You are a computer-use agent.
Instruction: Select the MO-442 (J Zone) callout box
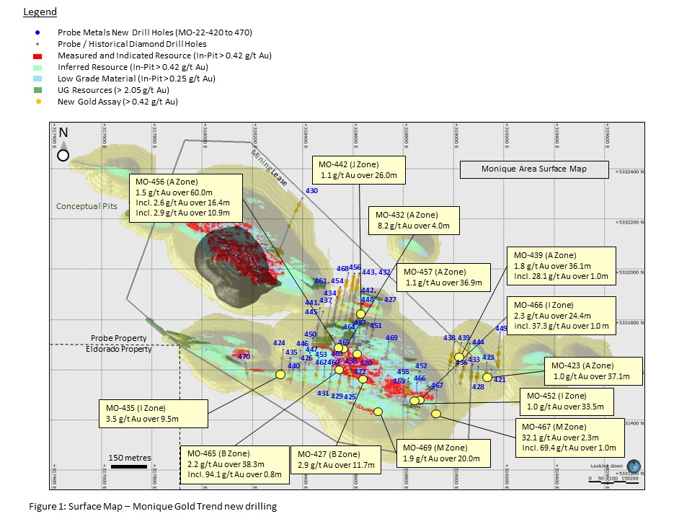coord(359,169)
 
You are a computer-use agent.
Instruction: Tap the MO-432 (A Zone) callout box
coord(413,220)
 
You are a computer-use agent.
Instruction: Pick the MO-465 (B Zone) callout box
coord(231,463)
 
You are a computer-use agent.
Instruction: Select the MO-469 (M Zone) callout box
coord(442,453)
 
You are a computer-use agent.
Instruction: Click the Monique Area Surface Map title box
coord(534,169)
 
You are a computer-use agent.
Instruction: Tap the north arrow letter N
coord(63,133)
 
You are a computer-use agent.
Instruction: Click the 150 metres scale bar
coord(130,467)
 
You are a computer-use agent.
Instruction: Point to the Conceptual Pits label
coord(86,206)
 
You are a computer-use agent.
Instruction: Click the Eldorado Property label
coord(121,349)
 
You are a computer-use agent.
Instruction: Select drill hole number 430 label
coord(312,191)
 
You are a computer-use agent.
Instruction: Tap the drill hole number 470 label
coord(244,357)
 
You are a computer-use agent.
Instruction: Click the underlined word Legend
coord(40,12)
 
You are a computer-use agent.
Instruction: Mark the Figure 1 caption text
coord(152,506)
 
